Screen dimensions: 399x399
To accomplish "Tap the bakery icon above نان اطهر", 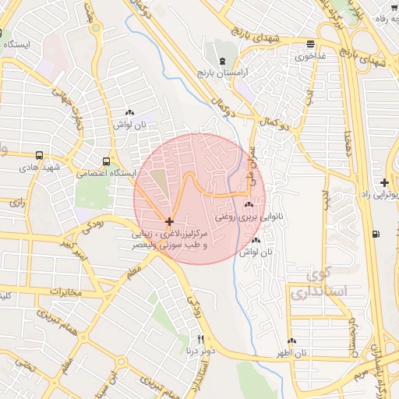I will [291, 341].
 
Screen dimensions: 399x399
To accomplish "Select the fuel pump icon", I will [377, 233].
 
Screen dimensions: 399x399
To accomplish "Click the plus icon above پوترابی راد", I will [385, 182].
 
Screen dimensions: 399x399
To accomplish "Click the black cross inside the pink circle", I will [170, 222].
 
